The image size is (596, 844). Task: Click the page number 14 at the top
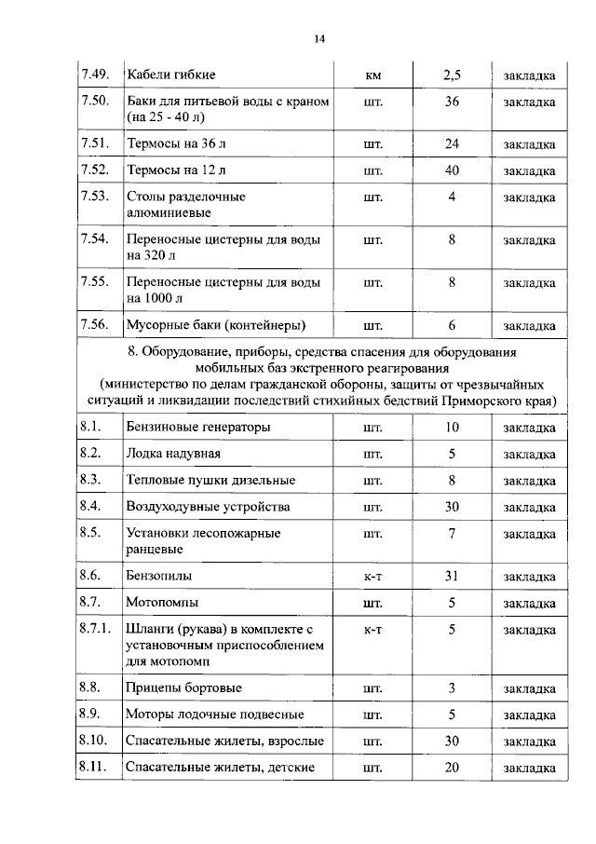tap(318, 38)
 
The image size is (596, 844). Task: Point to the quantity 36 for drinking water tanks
tap(452, 101)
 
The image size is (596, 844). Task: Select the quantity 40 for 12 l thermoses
tap(452, 170)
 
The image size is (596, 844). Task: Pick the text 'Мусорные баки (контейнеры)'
tap(216, 325)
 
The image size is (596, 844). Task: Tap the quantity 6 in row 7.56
tap(452, 325)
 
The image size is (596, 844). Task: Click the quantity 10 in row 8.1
tap(452, 428)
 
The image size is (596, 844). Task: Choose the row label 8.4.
tap(91, 506)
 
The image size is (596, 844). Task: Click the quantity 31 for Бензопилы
tap(452, 576)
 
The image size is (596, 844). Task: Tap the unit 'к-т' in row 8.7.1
tap(373, 629)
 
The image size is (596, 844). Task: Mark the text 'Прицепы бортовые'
tap(183, 688)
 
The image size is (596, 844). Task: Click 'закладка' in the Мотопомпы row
tap(529, 603)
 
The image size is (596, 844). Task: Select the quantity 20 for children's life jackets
tap(452, 768)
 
